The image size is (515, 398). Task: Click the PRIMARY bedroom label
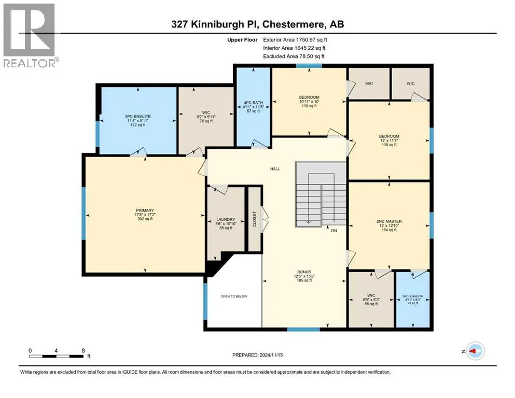(x=145, y=210)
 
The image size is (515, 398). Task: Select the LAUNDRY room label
(x=226, y=219)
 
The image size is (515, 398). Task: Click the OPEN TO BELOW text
(x=234, y=296)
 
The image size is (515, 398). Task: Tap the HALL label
(x=275, y=168)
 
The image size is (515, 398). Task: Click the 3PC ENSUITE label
(x=413, y=296)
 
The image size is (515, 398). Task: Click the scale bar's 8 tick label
(x=84, y=350)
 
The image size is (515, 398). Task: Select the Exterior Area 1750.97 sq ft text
(x=295, y=39)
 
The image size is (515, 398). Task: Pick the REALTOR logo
(x=30, y=36)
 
